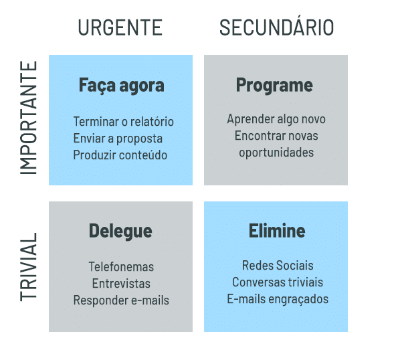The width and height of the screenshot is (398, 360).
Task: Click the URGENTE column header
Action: pos(120,27)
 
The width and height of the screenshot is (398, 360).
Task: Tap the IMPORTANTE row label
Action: pos(28,118)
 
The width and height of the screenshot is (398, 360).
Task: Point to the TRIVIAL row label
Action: pos(28,267)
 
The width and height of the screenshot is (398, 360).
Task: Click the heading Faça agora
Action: pos(121,86)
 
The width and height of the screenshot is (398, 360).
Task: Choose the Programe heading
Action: pos(274,86)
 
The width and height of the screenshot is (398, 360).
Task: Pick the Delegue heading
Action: pos(120,232)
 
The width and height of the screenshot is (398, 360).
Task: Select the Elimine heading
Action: pos(277,231)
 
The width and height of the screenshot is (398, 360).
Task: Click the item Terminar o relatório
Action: pos(123,121)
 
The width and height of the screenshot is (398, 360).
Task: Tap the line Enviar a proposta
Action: pos(118,139)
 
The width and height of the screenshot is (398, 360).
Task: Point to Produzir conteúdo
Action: pos(120,155)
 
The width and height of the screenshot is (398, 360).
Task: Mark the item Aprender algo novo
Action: pos(276,119)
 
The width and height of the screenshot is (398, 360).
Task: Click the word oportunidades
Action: pos(276,153)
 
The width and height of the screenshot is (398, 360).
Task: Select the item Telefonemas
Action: pos(121,267)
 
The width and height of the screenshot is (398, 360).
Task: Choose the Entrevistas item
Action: pos(121,283)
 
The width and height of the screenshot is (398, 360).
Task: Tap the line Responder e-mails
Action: pos(121,300)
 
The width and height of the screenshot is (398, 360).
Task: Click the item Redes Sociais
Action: pos(278,266)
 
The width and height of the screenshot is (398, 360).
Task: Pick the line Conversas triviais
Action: pos(278,282)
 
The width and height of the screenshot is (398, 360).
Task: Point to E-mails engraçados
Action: pos(278,299)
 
